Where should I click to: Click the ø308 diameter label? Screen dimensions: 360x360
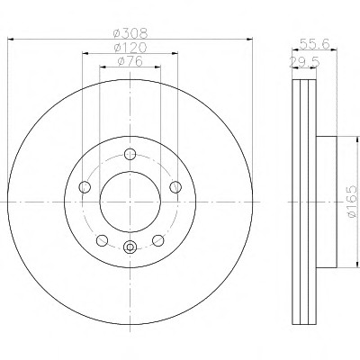[x=130, y=32]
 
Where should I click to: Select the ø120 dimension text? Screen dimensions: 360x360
[x=130, y=48]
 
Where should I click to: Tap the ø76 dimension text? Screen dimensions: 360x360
[x=130, y=61]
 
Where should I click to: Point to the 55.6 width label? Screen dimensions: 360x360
[x=315, y=44]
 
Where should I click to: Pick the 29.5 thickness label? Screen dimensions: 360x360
[x=304, y=62]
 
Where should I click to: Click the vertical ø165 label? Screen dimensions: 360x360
[x=352, y=202]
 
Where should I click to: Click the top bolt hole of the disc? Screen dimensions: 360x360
[x=130, y=155]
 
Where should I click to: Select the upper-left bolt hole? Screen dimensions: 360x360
[x=85, y=187]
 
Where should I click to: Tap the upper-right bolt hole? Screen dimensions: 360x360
[x=175, y=187]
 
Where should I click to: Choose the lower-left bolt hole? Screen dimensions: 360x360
[x=102, y=240]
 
